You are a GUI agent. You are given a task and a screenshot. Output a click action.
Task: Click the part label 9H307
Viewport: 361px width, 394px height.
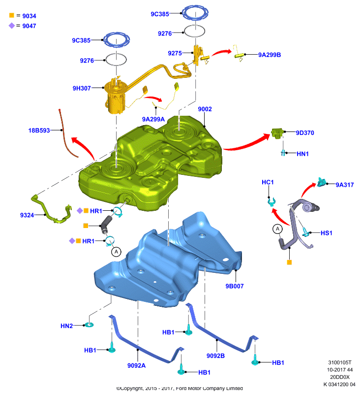tap(82, 88)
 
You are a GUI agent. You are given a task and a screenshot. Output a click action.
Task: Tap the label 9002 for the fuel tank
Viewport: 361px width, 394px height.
tap(205, 109)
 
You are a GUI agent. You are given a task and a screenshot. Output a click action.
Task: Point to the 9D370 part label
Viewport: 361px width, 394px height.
tap(305, 132)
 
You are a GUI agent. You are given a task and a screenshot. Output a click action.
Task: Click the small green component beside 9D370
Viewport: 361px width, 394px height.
tap(277, 133)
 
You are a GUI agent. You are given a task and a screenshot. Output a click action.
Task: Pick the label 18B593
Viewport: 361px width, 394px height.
tap(39, 131)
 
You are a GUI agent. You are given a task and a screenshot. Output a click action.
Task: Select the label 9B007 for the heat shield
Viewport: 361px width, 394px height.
tap(234, 286)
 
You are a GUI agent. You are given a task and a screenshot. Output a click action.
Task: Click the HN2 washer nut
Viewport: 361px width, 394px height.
tap(89, 325)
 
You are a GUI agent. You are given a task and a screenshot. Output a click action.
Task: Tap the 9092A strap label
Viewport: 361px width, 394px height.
tap(136, 365)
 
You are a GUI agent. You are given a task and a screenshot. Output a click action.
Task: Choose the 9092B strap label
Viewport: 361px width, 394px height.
tap(215, 356)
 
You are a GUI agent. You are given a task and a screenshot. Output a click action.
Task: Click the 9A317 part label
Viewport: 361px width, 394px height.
tap(345, 185)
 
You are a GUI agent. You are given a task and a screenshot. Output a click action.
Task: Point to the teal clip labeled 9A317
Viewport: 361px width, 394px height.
tap(321, 182)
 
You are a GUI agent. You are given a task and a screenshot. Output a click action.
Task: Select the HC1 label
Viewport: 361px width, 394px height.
tap(268, 182)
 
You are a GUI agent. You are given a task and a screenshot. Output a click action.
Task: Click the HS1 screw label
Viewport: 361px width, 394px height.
tap(327, 233)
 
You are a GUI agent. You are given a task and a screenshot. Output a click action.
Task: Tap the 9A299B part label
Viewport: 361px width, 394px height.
tap(270, 55)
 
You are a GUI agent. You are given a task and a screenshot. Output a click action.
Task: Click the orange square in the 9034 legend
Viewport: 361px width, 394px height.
tap(11, 15)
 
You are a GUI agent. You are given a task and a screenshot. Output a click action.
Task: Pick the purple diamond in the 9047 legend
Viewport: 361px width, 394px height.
tap(11, 26)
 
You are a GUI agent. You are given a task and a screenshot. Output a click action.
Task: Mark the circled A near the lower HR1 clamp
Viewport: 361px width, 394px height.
tap(116, 252)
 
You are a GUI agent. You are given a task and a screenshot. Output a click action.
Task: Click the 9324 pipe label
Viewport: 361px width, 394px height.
tap(27, 215)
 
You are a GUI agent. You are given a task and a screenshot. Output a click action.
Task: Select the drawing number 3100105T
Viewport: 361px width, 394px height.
tap(340, 362)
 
